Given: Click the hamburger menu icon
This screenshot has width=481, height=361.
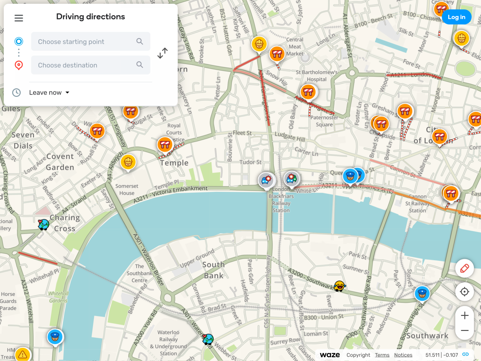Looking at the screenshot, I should [x=19, y=18].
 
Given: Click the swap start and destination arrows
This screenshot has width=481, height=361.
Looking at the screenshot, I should [x=162, y=53].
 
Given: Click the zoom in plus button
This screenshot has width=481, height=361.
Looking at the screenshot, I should [x=465, y=315].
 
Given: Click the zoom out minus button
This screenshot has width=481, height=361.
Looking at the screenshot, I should [x=465, y=331].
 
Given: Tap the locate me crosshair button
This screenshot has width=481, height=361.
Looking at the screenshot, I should [x=465, y=292].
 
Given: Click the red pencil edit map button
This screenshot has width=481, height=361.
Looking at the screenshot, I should [x=465, y=268].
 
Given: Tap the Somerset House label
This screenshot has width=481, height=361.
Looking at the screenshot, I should [x=127, y=190].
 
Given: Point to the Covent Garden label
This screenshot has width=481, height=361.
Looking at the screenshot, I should [x=60, y=162].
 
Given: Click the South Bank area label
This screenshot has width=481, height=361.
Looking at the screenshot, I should [x=214, y=270].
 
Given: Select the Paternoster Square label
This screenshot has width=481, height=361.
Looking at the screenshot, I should [x=324, y=121].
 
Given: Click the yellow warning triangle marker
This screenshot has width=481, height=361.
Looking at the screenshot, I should [x=23, y=354].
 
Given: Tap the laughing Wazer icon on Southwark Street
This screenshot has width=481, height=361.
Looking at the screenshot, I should [x=339, y=286].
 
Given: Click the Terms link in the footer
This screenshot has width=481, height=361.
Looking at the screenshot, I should [x=382, y=355].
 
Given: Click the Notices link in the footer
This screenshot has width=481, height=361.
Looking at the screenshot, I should [x=403, y=355].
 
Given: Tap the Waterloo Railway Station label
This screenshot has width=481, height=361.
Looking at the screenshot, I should [x=168, y=343].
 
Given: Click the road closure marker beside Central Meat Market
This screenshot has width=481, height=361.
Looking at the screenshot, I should [x=277, y=54].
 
